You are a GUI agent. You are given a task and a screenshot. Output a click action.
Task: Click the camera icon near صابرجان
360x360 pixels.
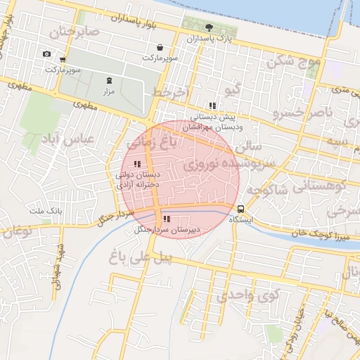click(x=46, y=54)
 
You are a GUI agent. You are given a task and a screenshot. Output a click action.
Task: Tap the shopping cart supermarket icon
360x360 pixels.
click(x=63, y=60)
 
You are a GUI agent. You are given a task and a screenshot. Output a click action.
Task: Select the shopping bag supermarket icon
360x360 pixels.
click(x=160, y=47)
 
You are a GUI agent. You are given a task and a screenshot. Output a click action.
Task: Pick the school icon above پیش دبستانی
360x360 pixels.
click(x=212, y=105)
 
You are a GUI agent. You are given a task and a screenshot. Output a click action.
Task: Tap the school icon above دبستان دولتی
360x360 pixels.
click(x=136, y=165)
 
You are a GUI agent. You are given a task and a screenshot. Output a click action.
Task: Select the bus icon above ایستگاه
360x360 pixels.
click(x=241, y=209)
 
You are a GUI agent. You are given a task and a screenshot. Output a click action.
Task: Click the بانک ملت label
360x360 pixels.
click(x=46, y=210)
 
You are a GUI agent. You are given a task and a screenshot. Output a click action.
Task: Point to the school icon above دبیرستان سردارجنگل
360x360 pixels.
click(x=166, y=219)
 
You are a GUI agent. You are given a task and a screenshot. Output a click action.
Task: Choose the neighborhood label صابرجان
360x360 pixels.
click(x=70, y=32)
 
